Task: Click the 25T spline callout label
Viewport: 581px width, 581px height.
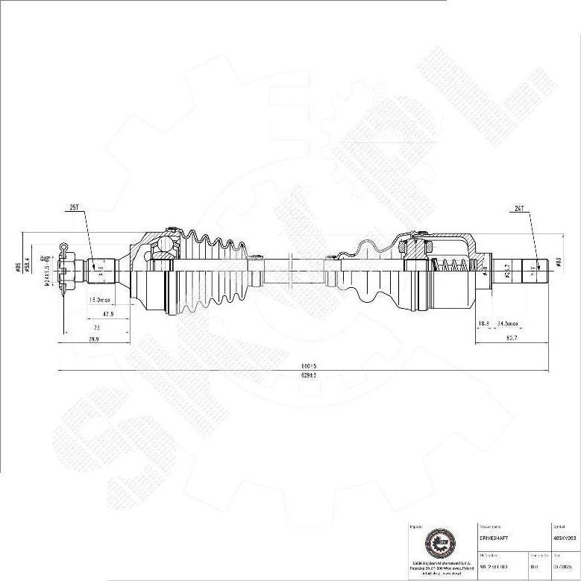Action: (x=75, y=209)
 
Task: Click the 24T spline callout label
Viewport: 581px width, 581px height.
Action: (x=520, y=209)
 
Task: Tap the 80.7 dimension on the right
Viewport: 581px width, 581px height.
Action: (x=512, y=338)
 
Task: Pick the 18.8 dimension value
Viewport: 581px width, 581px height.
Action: (x=483, y=324)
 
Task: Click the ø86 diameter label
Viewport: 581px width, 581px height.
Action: (x=17, y=268)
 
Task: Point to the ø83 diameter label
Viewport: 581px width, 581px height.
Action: (x=558, y=262)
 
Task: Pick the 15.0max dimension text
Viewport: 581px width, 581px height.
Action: (x=100, y=300)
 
